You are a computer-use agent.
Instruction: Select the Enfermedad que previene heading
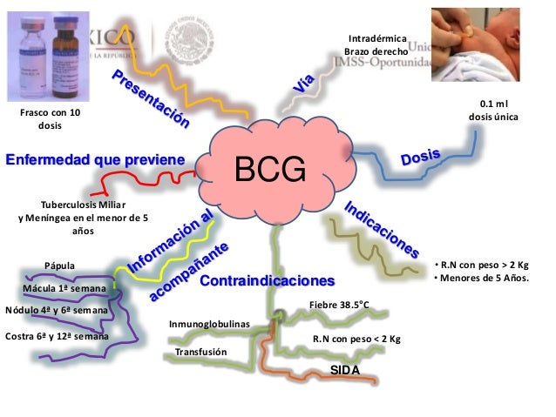[95, 160]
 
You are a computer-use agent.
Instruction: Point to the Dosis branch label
[420, 159]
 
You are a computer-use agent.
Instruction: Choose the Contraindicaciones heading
[267, 282]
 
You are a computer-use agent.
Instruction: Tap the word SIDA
[344, 372]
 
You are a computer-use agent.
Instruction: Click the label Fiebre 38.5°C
[339, 306]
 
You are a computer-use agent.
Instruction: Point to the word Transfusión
[200, 353]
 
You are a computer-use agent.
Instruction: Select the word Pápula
[59, 266]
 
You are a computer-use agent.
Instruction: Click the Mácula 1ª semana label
[64, 287]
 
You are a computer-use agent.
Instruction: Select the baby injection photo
[493, 43]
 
